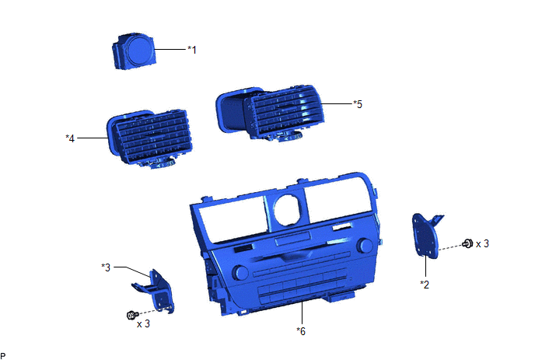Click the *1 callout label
click(192, 50)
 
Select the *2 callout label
click(425, 285)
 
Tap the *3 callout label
click(106, 267)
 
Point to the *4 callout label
click(70, 138)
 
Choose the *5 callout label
click(358, 104)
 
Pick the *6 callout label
click(301, 331)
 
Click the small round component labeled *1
click(134, 52)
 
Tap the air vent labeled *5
click(270, 113)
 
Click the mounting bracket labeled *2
click(426, 236)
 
